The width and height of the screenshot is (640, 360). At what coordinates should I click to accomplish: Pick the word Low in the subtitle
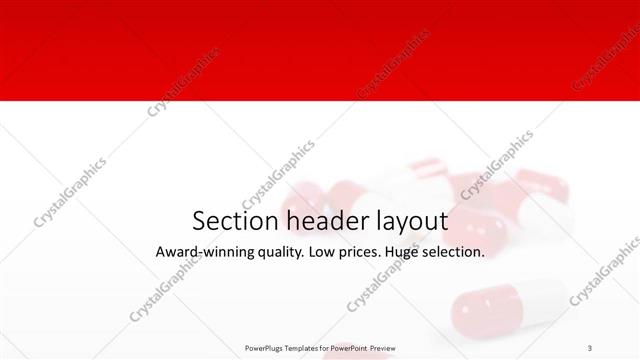coord(327,253)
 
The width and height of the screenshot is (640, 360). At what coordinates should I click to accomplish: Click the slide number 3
coord(590,348)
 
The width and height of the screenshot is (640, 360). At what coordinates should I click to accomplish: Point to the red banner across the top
coord(320,50)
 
